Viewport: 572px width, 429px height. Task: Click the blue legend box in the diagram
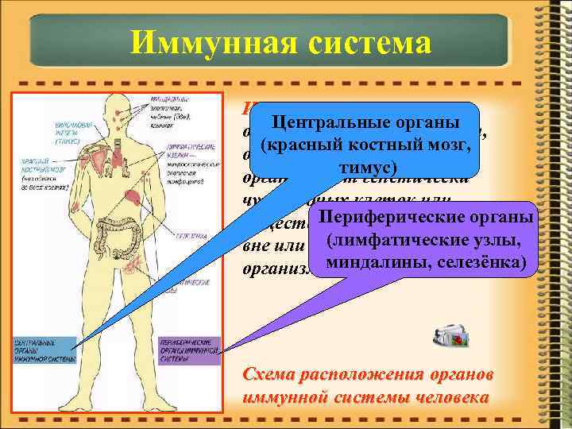(x=44, y=350)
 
